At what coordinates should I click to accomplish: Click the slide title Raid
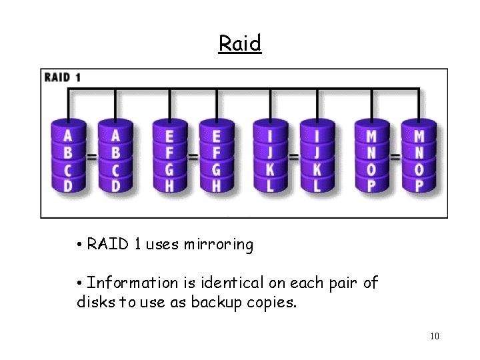tap(240, 43)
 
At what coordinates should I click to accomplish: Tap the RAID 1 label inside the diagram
tap(63, 77)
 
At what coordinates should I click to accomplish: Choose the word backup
tap(213, 302)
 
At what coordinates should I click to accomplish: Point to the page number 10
tap(434, 336)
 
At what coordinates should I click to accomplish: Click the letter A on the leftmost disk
tap(68, 137)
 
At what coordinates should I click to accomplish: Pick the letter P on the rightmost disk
tap(419, 185)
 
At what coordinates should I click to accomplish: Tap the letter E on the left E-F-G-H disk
tap(169, 137)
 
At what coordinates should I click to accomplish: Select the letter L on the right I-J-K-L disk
tap(317, 185)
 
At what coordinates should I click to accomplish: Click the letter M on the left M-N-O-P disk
tap(371, 137)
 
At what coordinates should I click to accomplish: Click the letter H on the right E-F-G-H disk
tap(216, 185)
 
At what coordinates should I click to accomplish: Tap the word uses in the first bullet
tap(163, 245)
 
